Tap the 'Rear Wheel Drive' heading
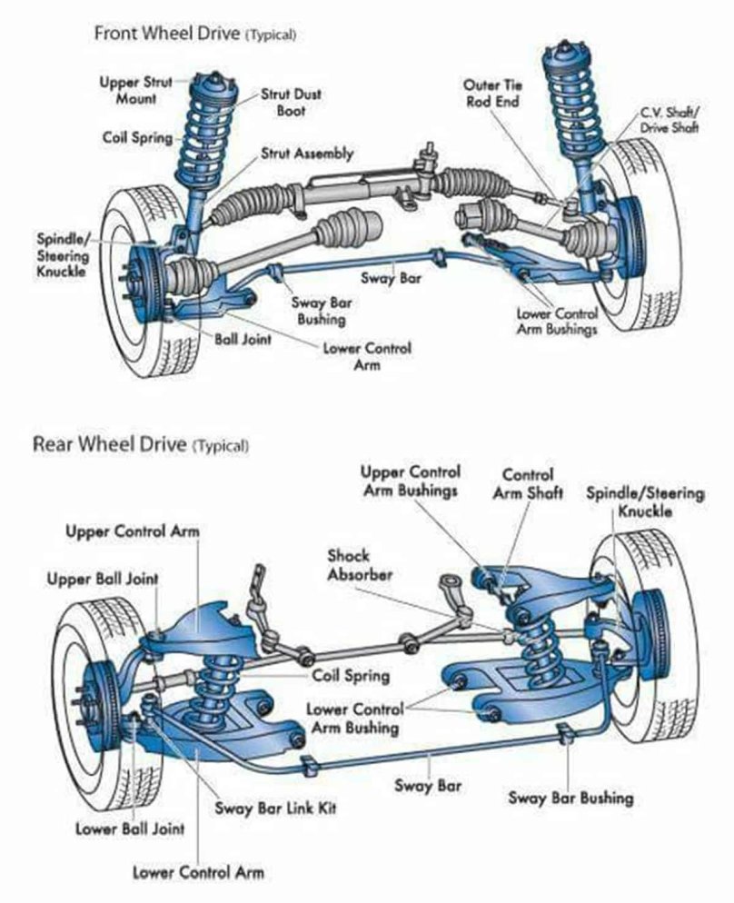(109, 445)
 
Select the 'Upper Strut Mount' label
(135, 90)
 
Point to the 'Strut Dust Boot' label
(291, 102)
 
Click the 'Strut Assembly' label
(307, 154)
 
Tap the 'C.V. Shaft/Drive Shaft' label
(669, 120)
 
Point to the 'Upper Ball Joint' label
(103, 579)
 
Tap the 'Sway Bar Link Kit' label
(274, 808)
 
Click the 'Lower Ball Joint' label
(130, 829)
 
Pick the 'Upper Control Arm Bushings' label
(410, 481)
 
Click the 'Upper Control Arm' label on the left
(133, 531)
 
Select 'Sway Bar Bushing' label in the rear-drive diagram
(570, 798)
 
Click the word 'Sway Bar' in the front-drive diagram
(390, 278)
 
